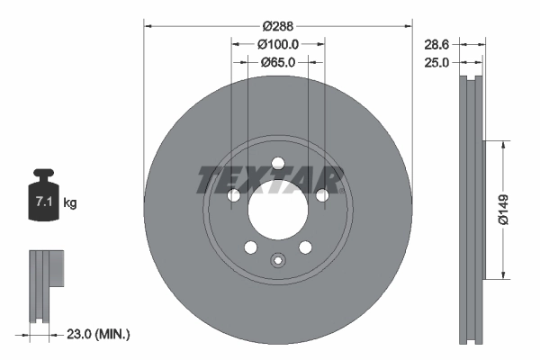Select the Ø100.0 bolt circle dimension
click(277, 43)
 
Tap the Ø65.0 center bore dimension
click(277, 63)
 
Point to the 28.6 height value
click(436, 43)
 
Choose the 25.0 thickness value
click(436, 63)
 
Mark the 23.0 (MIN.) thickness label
click(100, 334)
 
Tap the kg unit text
click(69, 203)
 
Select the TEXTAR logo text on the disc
click(270, 180)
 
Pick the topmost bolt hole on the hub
click(277, 163)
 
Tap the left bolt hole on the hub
click(234, 195)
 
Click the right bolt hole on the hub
click(320, 195)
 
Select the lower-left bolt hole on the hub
click(250, 247)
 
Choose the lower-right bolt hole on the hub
click(304, 247)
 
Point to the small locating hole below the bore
click(277, 262)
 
